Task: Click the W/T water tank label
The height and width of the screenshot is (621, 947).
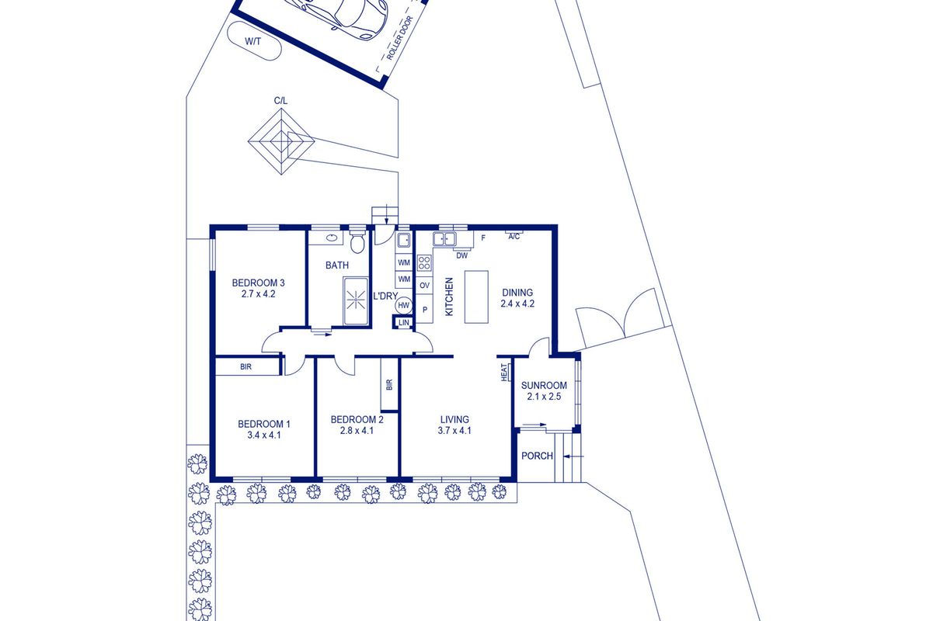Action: click(252, 41)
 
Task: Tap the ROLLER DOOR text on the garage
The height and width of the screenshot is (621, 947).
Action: click(399, 38)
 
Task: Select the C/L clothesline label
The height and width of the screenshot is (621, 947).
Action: click(280, 101)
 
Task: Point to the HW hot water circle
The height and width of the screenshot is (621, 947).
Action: click(404, 305)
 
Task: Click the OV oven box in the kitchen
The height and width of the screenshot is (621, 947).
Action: click(424, 286)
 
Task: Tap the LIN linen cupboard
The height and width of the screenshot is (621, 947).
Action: click(404, 323)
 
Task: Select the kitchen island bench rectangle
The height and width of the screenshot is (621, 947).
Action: click(476, 297)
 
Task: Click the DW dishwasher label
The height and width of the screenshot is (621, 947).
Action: click(462, 255)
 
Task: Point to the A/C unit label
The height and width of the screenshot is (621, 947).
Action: click(514, 237)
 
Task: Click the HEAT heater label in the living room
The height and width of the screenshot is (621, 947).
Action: click(504, 372)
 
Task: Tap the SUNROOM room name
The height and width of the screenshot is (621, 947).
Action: click(544, 385)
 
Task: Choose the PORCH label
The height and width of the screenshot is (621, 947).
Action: click(537, 456)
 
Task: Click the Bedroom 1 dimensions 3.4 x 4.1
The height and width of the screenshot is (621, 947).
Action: click(264, 435)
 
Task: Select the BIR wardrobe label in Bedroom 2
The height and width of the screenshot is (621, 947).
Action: click(389, 384)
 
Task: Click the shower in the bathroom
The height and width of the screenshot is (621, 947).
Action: click(356, 300)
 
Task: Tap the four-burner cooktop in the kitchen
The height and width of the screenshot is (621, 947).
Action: click(424, 263)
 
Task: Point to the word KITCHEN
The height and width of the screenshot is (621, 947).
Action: click(449, 297)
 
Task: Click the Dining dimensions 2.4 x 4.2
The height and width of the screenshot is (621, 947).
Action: click(517, 304)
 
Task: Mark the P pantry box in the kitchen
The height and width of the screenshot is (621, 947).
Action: click(424, 309)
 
